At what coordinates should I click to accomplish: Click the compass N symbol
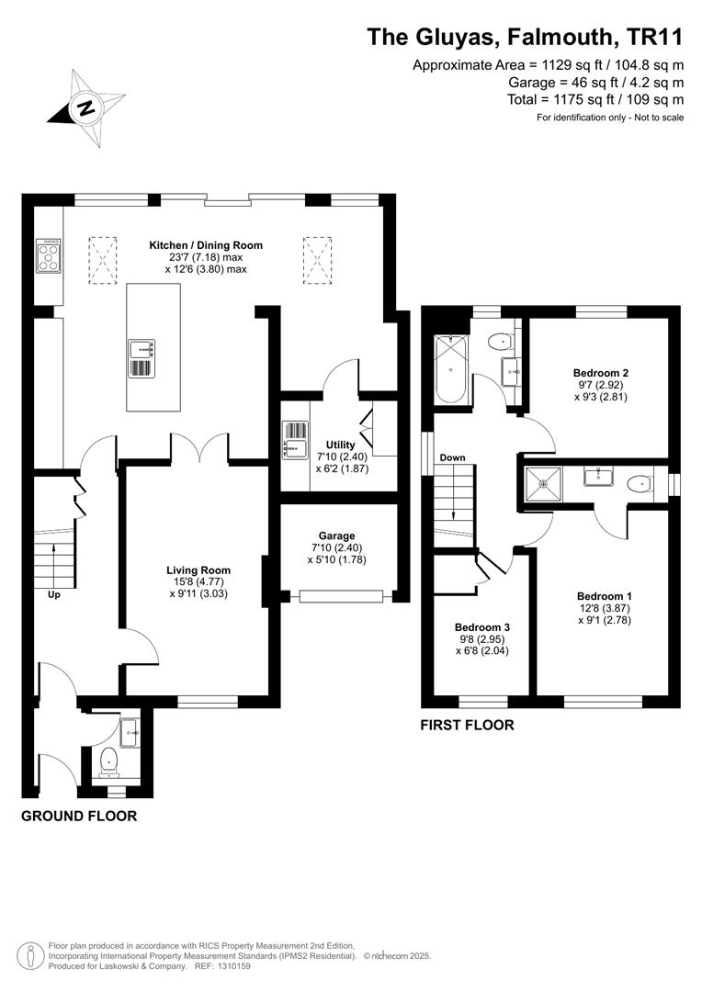point(85,108)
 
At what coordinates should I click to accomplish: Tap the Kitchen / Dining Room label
point(206,245)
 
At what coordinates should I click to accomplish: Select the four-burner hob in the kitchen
point(49,255)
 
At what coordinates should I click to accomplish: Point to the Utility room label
point(341,445)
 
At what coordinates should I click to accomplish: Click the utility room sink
point(295,439)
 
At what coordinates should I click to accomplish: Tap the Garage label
point(336,535)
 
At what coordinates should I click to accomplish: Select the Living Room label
point(198,570)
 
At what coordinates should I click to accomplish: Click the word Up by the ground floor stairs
point(54,595)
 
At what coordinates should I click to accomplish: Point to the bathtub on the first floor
point(451,369)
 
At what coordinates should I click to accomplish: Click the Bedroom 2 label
point(601,373)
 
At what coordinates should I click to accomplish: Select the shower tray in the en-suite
point(543,484)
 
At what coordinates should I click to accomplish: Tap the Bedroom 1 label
point(605,596)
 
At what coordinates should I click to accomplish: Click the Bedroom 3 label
point(482,627)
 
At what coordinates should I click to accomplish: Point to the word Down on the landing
point(453,457)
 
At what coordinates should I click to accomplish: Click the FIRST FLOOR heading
point(467,725)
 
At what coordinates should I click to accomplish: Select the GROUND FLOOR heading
point(79,817)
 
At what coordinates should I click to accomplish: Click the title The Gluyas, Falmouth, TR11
point(526,38)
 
